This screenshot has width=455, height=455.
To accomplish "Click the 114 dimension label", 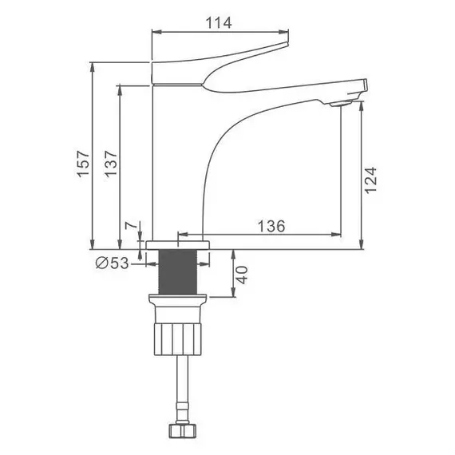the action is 219,22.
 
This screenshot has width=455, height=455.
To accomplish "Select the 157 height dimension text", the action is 83,164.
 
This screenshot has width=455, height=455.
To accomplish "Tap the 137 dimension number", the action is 111,164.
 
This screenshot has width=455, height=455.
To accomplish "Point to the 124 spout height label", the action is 370,180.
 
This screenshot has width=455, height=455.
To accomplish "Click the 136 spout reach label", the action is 271,226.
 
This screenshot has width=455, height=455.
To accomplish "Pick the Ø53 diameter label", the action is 112,263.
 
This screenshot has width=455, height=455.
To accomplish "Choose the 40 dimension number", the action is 242,275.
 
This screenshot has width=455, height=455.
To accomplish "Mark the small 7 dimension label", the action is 131,225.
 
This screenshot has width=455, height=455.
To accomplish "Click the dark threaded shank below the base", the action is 178,272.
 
